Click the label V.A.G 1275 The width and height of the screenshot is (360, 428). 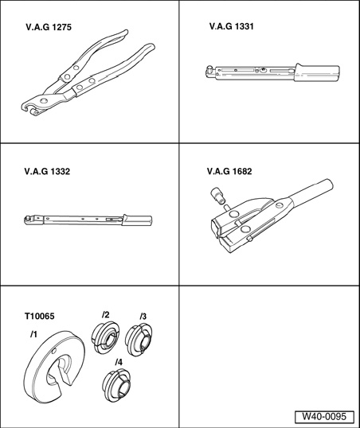tap(49, 27)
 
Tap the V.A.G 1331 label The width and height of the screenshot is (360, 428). tap(232, 26)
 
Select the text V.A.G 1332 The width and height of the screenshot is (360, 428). tap(47, 171)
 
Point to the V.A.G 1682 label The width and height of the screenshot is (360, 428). tap(229, 171)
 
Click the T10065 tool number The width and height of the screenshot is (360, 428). tap(40, 316)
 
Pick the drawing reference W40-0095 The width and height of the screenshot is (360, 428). tap(324, 417)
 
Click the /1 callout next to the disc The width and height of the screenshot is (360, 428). tap(33, 334)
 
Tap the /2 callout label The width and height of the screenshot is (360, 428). tap(105, 315)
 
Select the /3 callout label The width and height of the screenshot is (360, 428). tap(143, 316)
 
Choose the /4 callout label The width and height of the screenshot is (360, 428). tap(119, 362)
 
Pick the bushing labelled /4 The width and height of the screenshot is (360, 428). tap(116, 385)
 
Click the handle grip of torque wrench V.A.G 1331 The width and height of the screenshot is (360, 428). tap(317, 72)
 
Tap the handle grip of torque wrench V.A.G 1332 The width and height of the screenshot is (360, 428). tap(137, 220)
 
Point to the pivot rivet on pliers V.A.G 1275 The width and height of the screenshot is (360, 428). tap(43, 101)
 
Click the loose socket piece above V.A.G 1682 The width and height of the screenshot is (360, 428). tap(217, 196)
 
